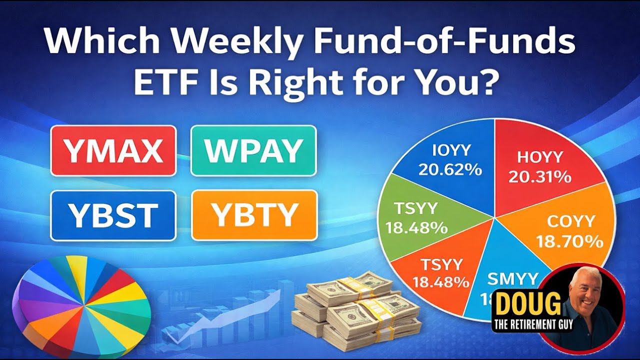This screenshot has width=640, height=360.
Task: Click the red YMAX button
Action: point(113,150)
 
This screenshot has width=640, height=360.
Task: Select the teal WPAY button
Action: point(253,150)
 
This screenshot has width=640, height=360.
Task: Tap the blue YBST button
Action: point(113,215)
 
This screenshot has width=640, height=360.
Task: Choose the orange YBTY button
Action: point(254,215)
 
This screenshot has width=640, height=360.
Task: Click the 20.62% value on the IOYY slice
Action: point(450,170)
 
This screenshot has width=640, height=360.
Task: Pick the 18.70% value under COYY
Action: point(569,242)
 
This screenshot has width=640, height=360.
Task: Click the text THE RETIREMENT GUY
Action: point(533,324)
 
